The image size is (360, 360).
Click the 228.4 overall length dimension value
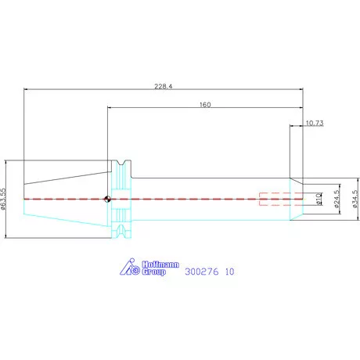[164, 86]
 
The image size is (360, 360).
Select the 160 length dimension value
[205, 105]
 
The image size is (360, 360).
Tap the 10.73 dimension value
[315, 123]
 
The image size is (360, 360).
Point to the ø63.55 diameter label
[3, 199]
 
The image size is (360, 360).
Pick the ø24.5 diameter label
[337, 199]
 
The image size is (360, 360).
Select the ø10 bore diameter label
[319, 199]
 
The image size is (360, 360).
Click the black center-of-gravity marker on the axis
[107, 199]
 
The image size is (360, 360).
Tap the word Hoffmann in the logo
[160, 265]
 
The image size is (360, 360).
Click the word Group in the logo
[154, 272]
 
